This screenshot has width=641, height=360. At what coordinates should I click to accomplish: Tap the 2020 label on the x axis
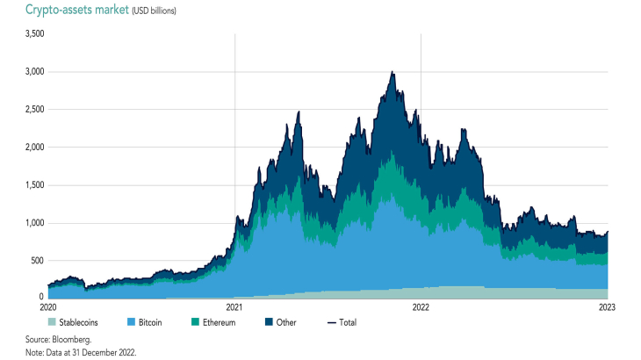pos(48,307)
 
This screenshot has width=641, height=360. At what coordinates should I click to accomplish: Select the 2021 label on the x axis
pos(234,307)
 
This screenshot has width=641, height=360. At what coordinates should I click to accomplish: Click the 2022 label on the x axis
pos(421,307)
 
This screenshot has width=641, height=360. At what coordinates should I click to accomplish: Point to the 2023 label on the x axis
pos(607,307)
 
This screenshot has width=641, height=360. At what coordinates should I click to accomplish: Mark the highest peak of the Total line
pos(392,72)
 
